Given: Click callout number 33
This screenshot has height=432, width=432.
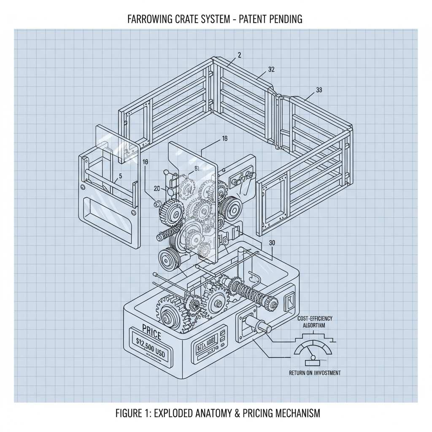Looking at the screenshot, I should click(319, 89).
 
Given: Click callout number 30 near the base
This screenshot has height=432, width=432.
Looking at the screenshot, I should click(272, 243).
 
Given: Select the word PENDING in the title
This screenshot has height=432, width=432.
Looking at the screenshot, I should click(283, 19).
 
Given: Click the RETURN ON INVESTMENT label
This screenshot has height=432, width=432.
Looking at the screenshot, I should click(315, 373).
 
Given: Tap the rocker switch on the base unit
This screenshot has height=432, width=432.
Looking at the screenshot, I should click(291, 300).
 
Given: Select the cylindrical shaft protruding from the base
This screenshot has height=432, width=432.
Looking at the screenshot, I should click(258, 325).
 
